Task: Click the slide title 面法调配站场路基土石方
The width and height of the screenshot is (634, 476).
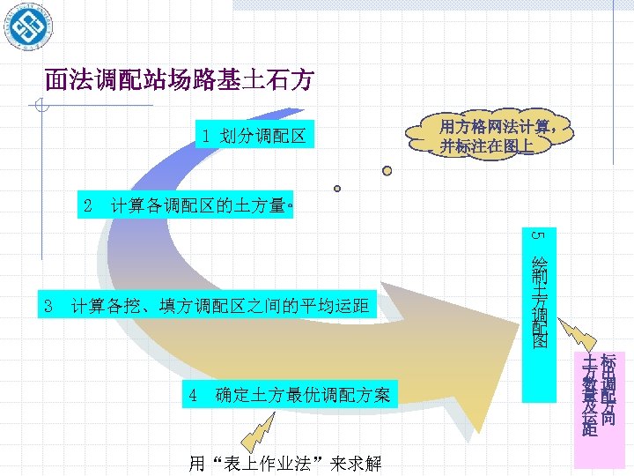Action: [179, 81]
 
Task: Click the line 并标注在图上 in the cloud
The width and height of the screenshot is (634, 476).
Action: [487, 146]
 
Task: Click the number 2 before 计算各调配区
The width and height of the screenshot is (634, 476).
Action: [87, 206]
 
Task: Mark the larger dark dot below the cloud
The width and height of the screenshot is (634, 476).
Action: [387, 171]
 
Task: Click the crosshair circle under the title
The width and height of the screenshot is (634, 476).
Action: [36, 108]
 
